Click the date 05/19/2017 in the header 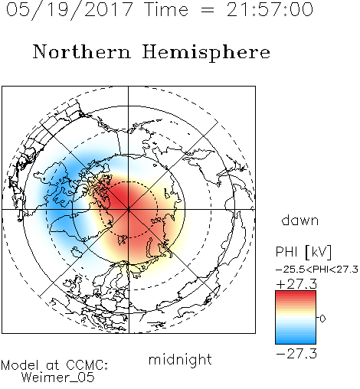69,10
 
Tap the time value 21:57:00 270,9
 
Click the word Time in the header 166,9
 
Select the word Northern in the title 81,51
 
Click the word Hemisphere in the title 206,53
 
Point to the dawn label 300,220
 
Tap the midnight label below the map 180,359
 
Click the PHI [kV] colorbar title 303,252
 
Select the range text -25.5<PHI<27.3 317,270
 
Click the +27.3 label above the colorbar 296,284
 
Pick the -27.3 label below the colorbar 296,354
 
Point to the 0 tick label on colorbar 322,319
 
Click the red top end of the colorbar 296,293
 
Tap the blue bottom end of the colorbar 296,342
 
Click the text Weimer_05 57,377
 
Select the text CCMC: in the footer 87,365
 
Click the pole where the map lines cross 129,210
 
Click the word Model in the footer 20,365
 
